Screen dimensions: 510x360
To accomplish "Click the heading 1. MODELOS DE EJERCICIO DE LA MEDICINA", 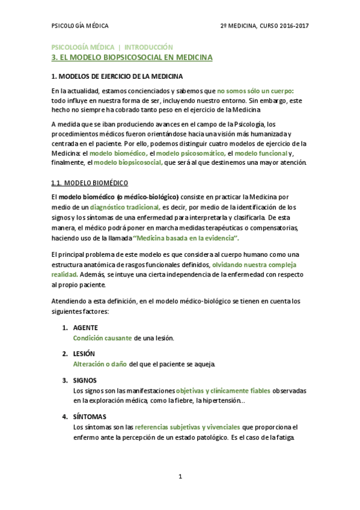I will [x=117, y=77].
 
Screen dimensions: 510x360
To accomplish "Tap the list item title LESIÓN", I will [x=84, y=354].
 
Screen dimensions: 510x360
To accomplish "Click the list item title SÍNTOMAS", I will [x=88, y=416].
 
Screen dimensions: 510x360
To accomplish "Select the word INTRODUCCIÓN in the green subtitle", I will [x=148, y=47].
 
